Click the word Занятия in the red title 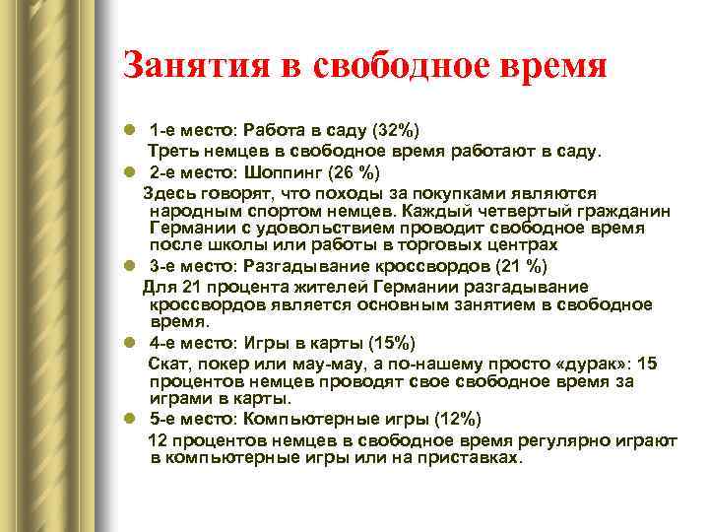coord(196,66)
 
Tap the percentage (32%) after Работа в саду coord(396,130)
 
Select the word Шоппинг coord(283,172)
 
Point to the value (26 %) coord(354,172)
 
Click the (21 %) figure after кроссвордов coord(521,266)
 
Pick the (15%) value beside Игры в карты coord(392,344)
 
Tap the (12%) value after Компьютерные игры coord(458,419)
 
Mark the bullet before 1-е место coord(129,130)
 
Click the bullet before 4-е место coord(129,343)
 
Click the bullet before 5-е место coord(129,419)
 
